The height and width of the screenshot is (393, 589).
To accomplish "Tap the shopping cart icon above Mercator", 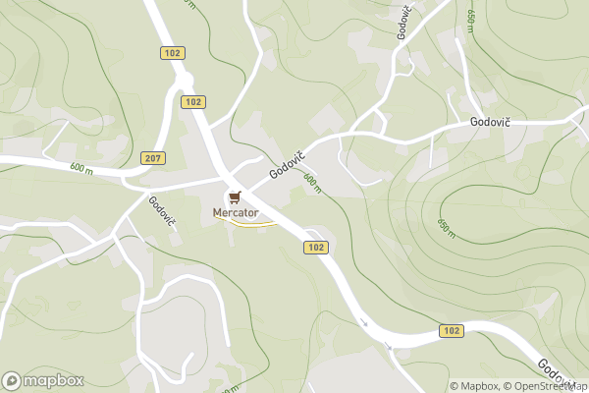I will tap(234, 196).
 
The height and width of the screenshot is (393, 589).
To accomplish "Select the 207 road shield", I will tap(153, 157).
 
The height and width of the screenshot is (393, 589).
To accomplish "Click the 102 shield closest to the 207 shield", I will tap(193, 101).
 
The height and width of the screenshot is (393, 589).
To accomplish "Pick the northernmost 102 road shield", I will tap(173, 52).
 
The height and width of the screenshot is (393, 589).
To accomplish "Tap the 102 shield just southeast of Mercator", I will tap(315, 248).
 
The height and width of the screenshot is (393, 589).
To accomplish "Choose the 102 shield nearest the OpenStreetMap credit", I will tap(451, 331).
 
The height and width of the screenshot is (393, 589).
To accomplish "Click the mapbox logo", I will tap(43, 380).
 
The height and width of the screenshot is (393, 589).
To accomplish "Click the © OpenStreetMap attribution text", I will tap(545, 386).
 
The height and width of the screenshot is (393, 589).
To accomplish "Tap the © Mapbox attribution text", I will tap(475, 386).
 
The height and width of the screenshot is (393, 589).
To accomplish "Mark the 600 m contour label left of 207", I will tap(81, 168).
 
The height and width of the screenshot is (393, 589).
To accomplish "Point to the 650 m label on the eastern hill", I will tap(445, 227).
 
